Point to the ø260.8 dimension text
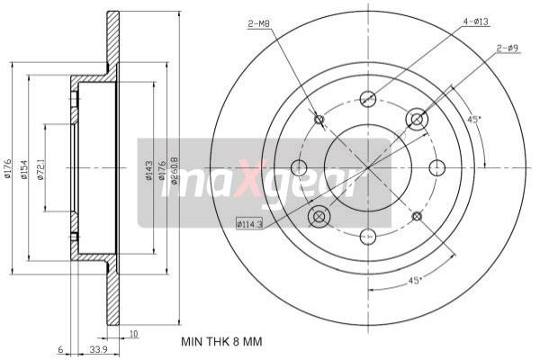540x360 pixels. [x=175, y=172]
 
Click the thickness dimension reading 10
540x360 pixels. [x=132, y=333]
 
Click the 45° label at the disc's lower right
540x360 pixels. [x=415, y=281]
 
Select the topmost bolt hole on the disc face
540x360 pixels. [x=367, y=98]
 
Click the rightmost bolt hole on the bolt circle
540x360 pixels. [x=437, y=166]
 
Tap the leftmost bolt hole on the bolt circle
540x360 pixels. [x=299, y=166]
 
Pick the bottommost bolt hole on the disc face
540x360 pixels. [x=367, y=236]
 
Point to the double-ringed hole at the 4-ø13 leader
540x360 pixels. [x=417, y=118]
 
